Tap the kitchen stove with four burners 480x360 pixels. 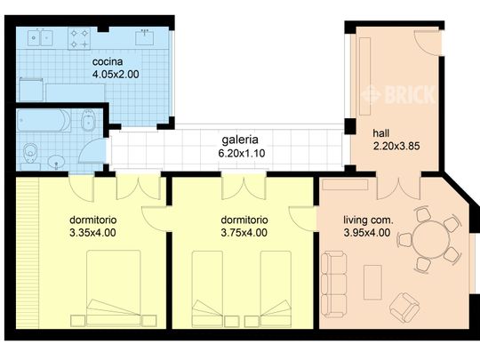click(x=78, y=37)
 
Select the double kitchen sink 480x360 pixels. click(x=38, y=37)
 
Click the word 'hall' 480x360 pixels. click(x=381, y=134)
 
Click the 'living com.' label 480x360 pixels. click(x=368, y=220)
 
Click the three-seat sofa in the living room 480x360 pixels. click(x=335, y=284)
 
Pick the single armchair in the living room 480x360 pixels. click(x=404, y=307)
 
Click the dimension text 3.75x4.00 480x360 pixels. click(x=244, y=233)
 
